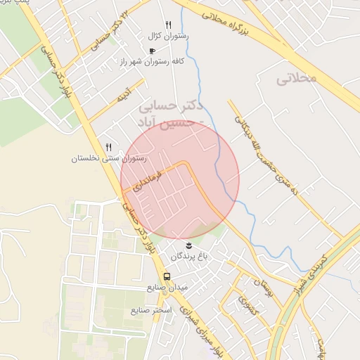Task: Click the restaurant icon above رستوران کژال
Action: tap(168, 25)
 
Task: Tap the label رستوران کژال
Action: tap(165, 35)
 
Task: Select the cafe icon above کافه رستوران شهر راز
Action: tap(153, 51)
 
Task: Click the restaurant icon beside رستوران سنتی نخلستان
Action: tap(108, 148)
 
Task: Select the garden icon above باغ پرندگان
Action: tap(188, 244)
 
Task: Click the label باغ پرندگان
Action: tap(188, 257)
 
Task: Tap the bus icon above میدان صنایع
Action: tap(167, 276)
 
